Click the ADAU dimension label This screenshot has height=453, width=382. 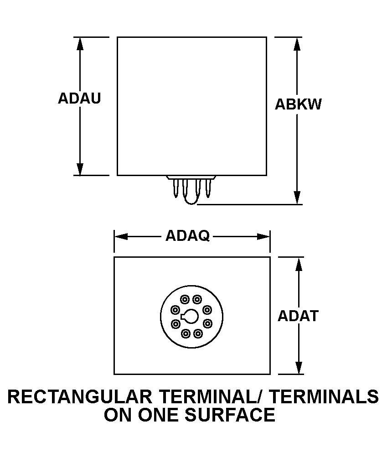(79, 98)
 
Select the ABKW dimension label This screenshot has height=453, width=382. (298, 104)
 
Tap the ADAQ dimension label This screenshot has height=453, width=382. (187, 236)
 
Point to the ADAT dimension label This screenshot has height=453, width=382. (298, 316)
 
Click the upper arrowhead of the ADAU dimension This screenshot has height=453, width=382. (80, 44)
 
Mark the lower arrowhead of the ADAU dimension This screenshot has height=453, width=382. (80, 169)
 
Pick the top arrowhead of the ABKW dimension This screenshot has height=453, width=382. (297, 44)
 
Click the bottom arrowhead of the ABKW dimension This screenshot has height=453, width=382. (297, 198)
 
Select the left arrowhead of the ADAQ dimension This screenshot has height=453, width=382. (121, 237)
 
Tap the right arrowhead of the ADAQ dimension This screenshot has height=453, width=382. (263, 237)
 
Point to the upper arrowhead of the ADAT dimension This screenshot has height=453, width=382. (299, 264)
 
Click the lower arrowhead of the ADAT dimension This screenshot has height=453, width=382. (299, 368)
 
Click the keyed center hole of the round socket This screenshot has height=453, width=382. (190, 317)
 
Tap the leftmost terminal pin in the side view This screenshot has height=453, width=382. (176, 188)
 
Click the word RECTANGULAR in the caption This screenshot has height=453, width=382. (80, 396)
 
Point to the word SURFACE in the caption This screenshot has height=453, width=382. (230, 415)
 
